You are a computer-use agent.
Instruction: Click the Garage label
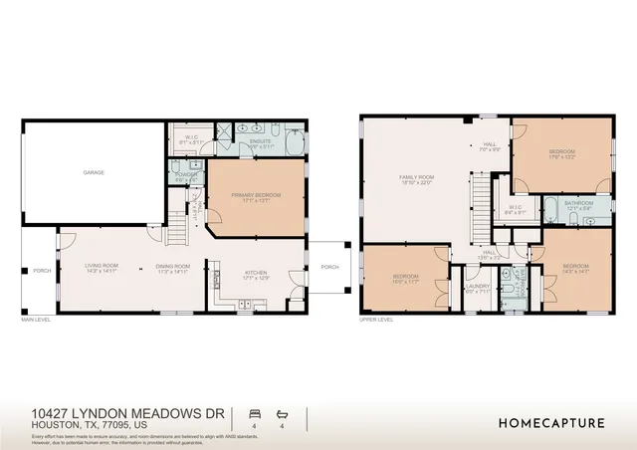coord(94,172)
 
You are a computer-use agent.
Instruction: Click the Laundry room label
coord(476,289)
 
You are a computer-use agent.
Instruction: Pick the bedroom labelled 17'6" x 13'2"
coord(561,154)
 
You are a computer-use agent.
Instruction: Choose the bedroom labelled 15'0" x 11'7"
coord(405,279)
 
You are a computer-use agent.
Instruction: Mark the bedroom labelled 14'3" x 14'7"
coord(577,268)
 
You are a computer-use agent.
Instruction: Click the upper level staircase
coord(482,203)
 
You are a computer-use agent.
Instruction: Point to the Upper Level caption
coord(376,321)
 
